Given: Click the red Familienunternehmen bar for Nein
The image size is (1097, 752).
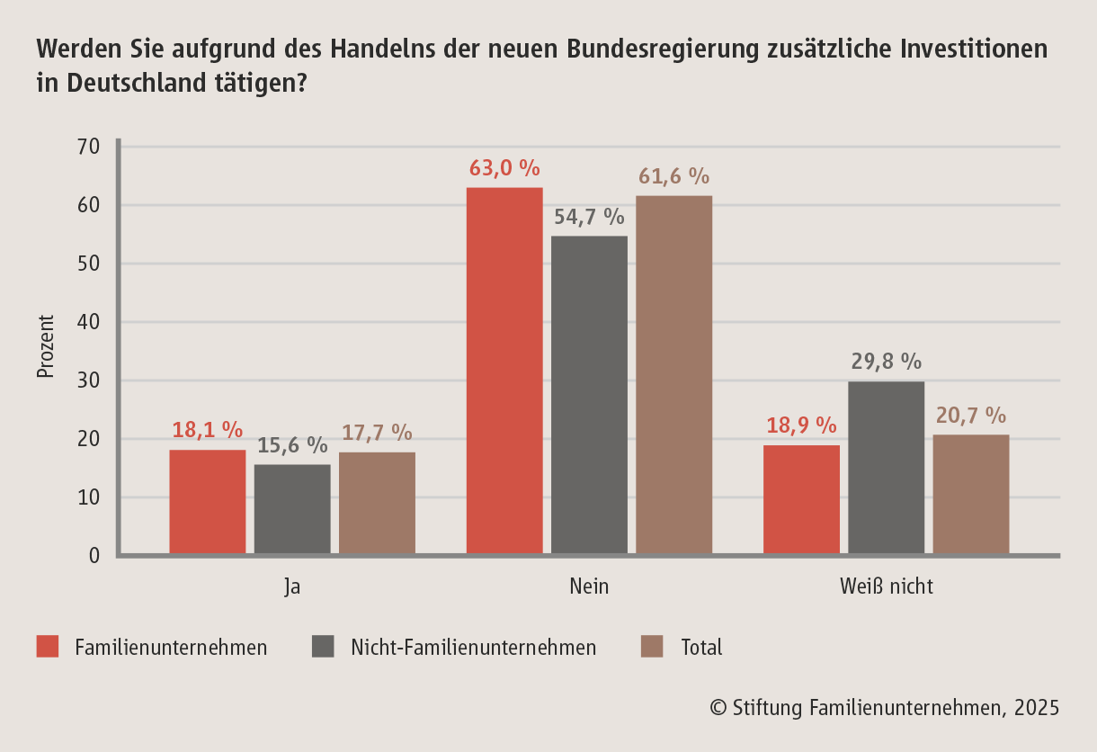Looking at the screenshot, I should click(x=504, y=371).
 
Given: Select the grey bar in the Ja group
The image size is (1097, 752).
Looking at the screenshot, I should click(x=292, y=509).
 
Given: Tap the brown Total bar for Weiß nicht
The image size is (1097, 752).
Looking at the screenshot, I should click(x=971, y=494).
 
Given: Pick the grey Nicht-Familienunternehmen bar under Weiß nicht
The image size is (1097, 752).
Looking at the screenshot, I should click(x=886, y=468).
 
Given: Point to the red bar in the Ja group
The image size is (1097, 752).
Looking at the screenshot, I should click(x=208, y=502).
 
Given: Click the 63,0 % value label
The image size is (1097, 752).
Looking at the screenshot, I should click(x=504, y=168).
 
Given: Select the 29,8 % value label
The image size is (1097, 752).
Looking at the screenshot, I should click(x=887, y=362).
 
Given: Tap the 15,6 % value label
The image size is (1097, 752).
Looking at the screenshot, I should click(x=292, y=444).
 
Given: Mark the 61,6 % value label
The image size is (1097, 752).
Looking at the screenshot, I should click(x=674, y=176).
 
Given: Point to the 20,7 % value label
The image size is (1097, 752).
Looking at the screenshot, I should click(x=970, y=416).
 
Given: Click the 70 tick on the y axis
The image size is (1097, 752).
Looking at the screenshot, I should click(x=88, y=147).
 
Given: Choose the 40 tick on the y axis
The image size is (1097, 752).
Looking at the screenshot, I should click(x=88, y=322).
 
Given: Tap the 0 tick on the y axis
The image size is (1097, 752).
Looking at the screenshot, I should click(x=94, y=556).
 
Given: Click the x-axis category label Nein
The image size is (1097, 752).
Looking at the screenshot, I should click(x=589, y=586).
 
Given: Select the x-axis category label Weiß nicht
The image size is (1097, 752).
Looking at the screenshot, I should click(x=887, y=586).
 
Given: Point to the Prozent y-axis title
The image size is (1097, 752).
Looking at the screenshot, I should click(x=46, y=346).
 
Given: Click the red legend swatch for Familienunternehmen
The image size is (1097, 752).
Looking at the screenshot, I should click(x=48, y=647).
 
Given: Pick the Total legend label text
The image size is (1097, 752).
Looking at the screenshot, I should click(x=701, y=647).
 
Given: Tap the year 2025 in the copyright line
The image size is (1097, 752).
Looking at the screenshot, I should click(x=1036, y=708).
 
